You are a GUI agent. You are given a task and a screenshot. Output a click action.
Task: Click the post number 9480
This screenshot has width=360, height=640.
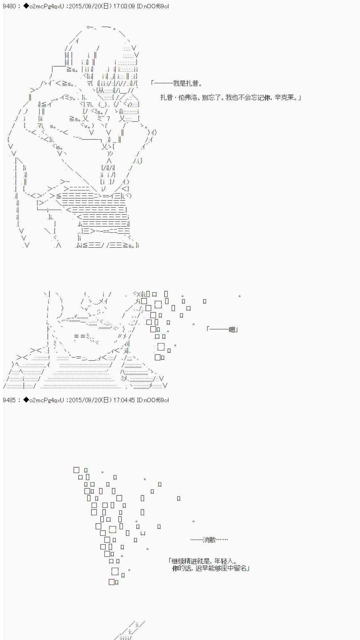click(9, 6)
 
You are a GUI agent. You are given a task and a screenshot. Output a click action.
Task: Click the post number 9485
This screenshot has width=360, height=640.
click(9, 400)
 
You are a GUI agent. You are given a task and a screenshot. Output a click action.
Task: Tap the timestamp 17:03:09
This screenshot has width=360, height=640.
click(124, 6)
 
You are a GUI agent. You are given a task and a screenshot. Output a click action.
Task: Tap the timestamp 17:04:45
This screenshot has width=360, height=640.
click(124, 400)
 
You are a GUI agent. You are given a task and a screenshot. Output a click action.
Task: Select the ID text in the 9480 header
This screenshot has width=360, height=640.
click(153, 6)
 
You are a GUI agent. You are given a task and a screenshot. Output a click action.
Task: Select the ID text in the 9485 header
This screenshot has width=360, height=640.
click(153, 400)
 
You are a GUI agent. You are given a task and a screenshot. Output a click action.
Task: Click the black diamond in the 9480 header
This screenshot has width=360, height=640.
click(26, 6)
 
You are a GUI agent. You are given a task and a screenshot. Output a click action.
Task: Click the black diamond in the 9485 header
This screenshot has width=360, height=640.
click(26, 400)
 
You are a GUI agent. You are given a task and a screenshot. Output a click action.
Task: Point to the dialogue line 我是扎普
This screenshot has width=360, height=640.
click(187, 84)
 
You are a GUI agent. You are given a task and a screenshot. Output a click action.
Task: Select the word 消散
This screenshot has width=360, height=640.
click(210, 540)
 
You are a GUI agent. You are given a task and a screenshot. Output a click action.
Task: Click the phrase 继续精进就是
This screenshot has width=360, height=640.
click(190, 561)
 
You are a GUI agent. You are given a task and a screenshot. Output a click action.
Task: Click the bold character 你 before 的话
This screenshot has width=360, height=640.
click(175, 568)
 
